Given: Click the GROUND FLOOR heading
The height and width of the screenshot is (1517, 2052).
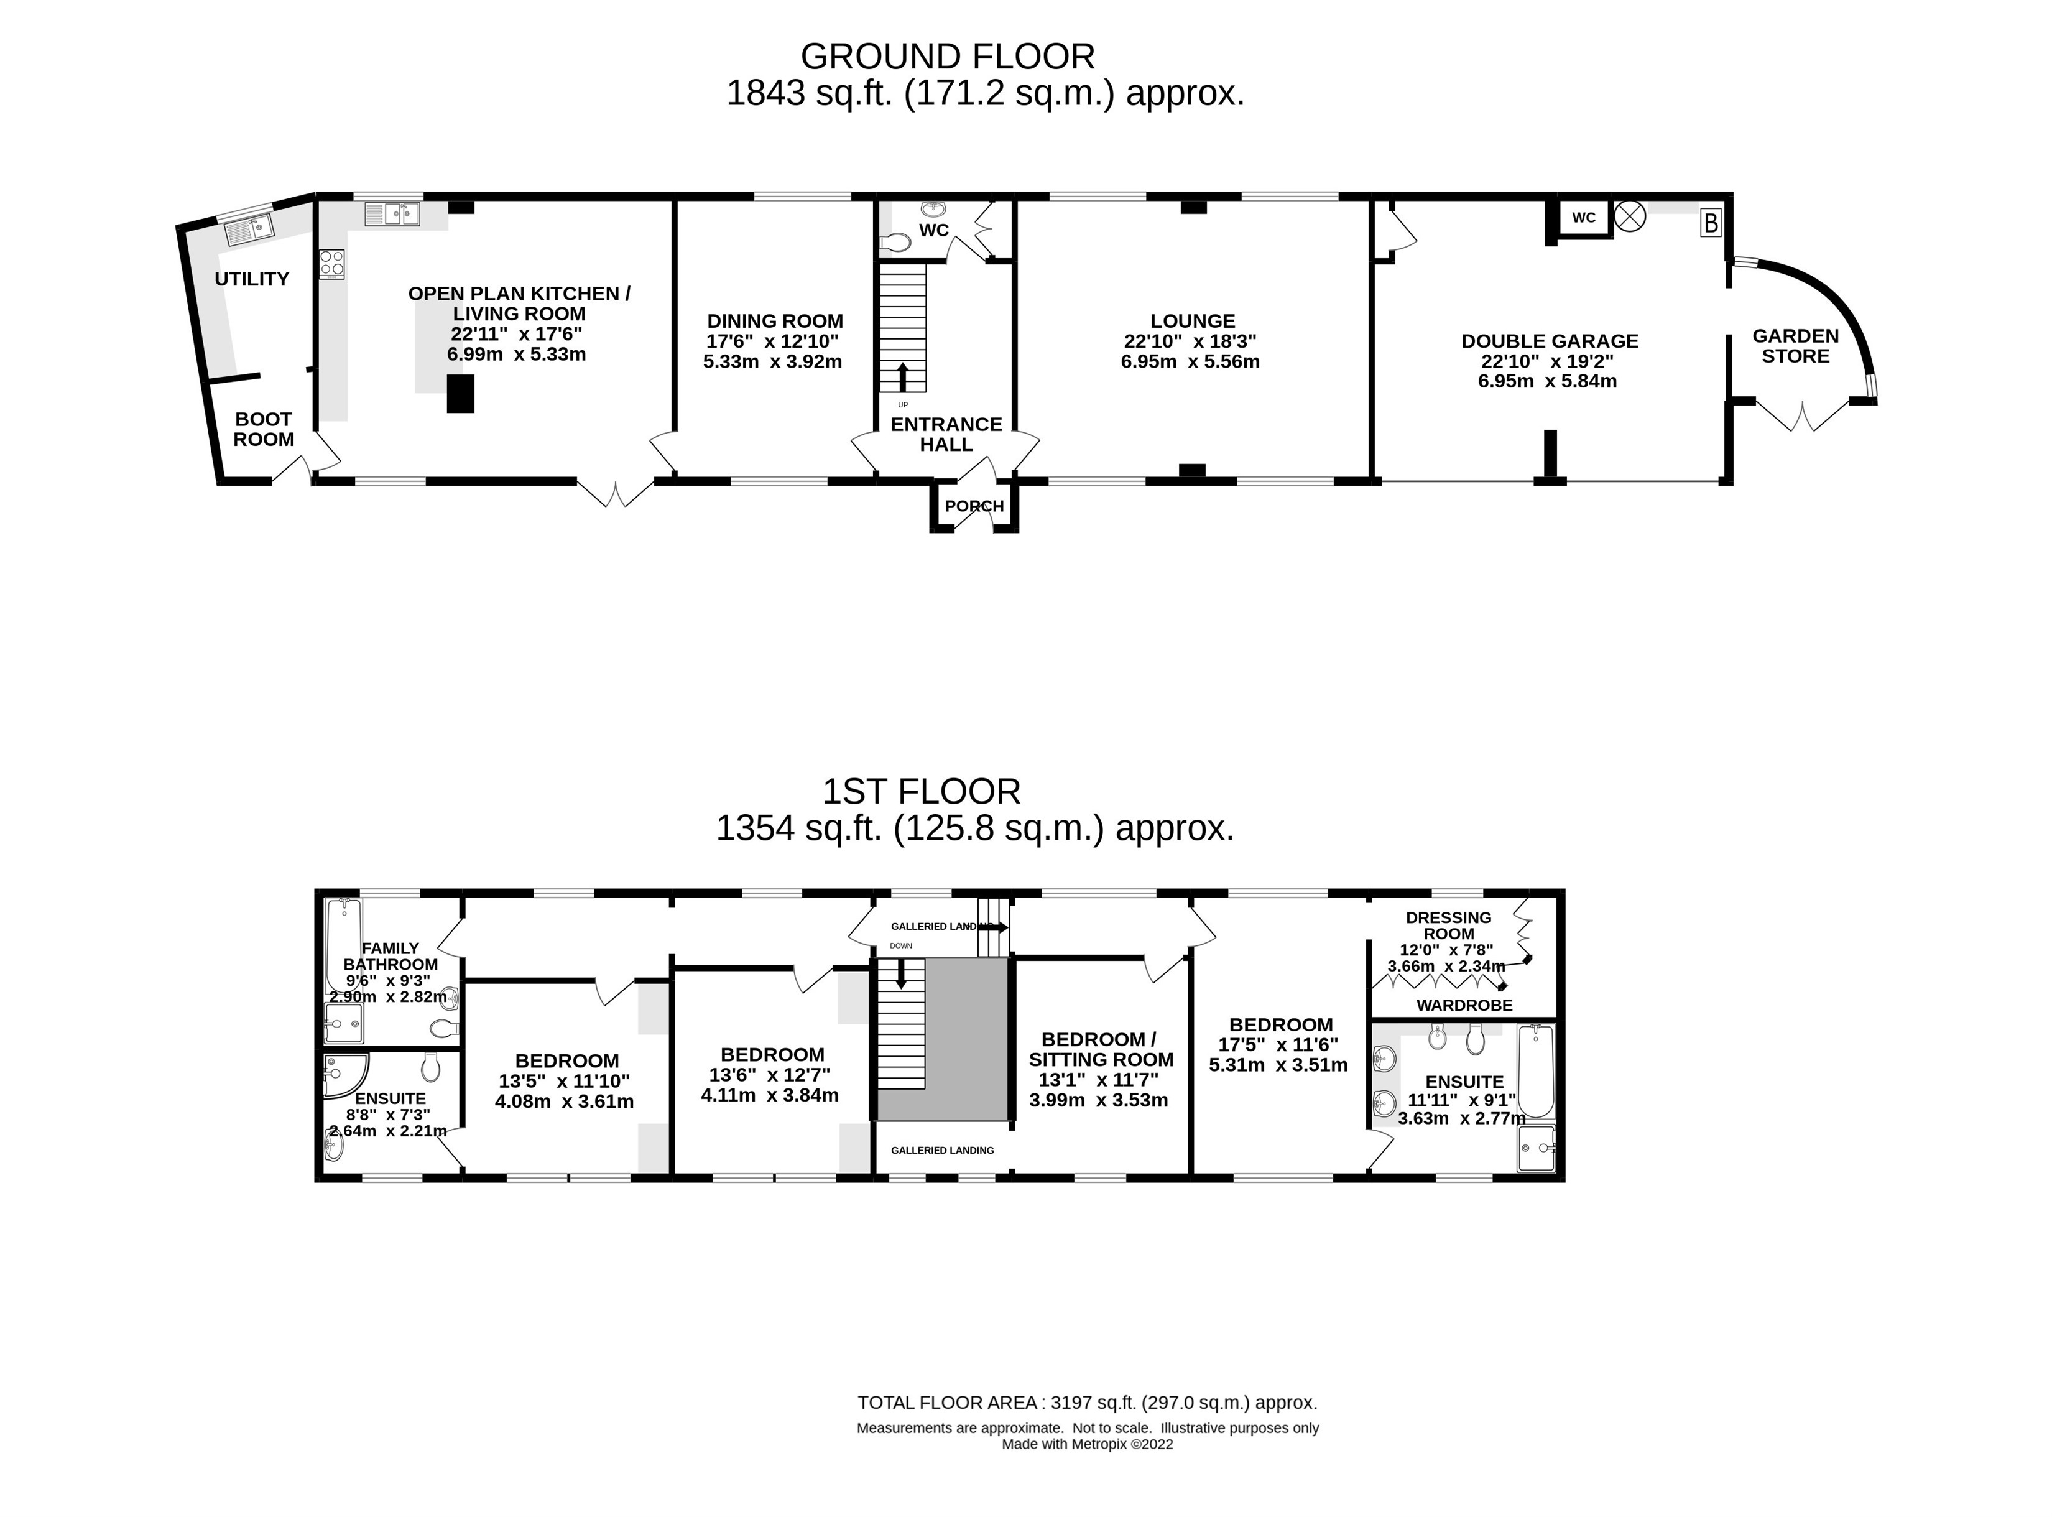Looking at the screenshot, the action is point(948,57).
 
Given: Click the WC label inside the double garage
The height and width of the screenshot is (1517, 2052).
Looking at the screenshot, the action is point(1584,218).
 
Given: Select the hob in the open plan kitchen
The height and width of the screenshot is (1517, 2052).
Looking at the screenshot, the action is point(331,264).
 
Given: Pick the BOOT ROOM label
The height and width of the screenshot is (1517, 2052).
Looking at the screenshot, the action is point(264,429).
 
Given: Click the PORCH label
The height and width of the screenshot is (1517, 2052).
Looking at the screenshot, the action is point(974,506).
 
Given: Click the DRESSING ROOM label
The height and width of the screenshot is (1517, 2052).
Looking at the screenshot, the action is point(1449,925).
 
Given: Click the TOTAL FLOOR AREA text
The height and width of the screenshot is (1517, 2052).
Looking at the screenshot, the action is point(1087,1402).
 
